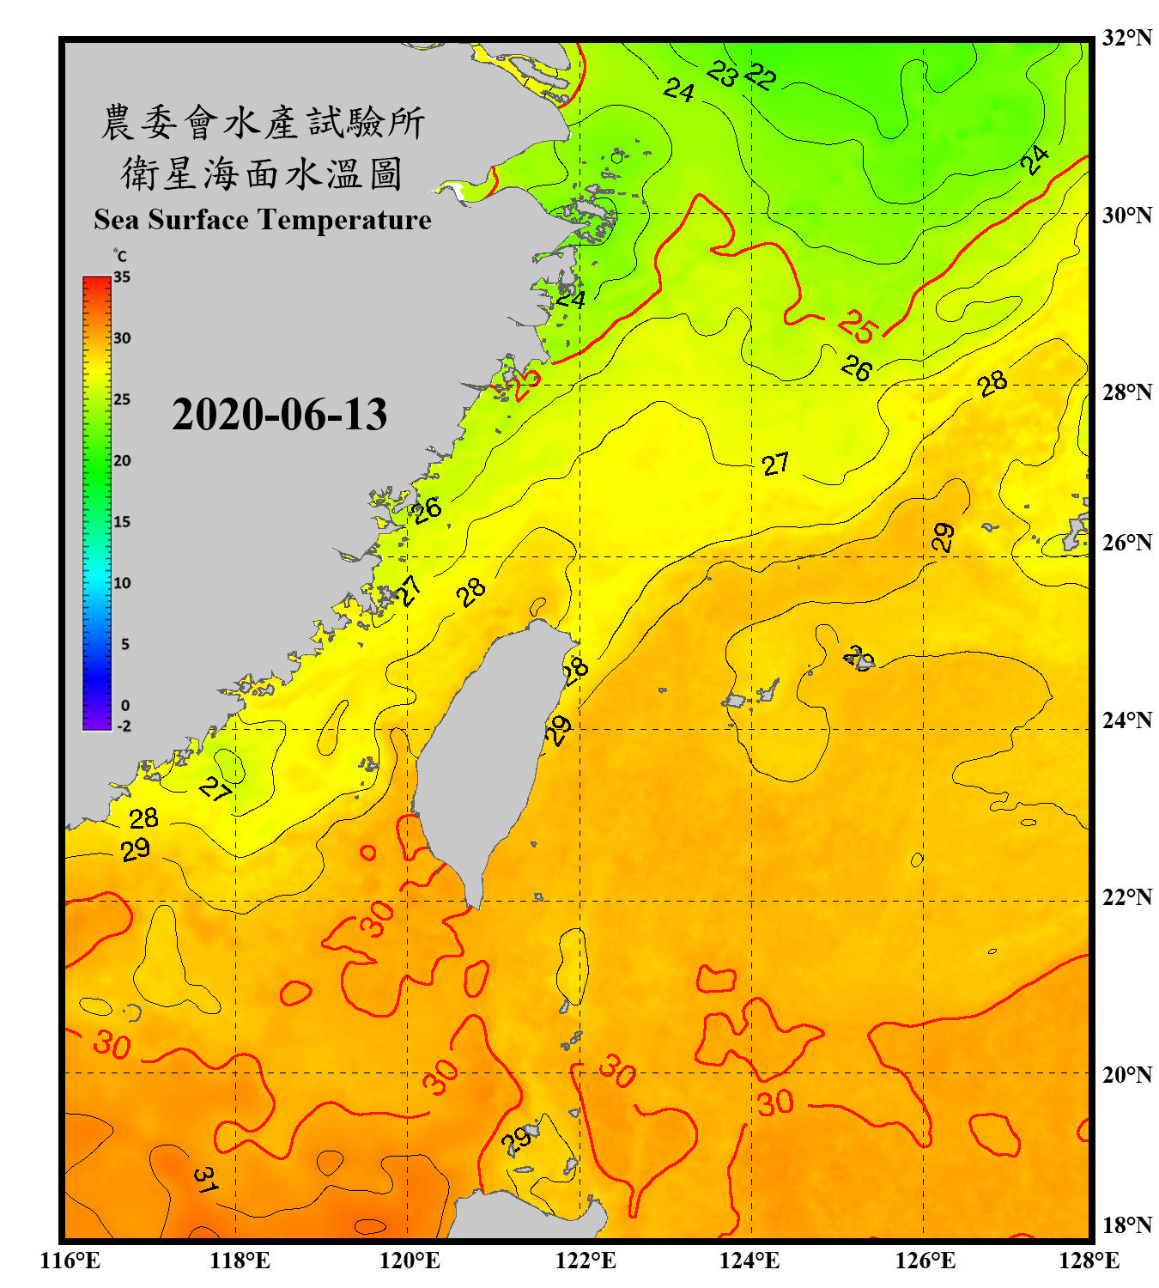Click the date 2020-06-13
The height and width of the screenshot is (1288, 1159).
coord(279,415)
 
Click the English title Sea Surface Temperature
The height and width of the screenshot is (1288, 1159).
coord(263,220)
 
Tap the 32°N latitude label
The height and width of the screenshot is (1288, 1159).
coord(1126,38)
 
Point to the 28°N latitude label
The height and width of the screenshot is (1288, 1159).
coord(1126,392)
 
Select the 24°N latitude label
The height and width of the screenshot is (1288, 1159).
coord(1126,720)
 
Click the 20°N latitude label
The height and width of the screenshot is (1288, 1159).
coord(1126,1074)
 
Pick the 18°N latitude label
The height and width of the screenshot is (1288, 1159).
coord(1126,1225)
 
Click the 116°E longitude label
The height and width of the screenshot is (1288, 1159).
coord(70,1261)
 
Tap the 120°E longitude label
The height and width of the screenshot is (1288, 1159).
coord(410,1261)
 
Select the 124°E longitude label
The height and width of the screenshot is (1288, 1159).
coord(749,1261)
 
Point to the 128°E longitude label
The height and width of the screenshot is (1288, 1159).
coord(1089,1261)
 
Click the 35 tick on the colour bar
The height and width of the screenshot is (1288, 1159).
coord(122,277)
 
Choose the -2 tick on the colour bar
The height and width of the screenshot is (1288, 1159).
coord(124,726)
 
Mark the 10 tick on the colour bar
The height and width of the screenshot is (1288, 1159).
coord(122,583)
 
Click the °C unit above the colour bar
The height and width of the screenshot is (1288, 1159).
coord(120,256)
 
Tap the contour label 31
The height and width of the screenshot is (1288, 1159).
coord(204,1180)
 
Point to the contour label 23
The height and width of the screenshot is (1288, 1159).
coord(722,74)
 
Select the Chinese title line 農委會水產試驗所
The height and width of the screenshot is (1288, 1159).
coord(263,123)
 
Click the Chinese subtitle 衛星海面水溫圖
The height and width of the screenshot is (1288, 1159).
coord(263,173)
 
